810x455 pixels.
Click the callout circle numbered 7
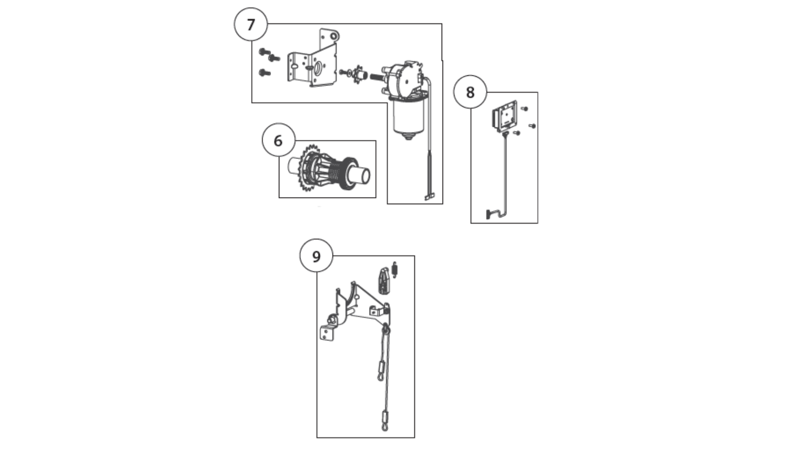(x=251, y=24)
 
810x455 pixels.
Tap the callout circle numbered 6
(x=278, y=140)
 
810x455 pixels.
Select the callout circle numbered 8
(x=470, y=92)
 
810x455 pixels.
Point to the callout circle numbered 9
(x=316, y=256)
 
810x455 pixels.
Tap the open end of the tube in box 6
(x=366, y=175)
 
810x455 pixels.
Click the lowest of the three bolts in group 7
(x=264, y=73)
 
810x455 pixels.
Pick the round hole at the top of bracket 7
(x=335, y=37)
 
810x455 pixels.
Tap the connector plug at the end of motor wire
(x=429, y=196)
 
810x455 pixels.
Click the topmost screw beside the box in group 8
(x=524, y=109)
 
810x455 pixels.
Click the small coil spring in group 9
(x=395, y=270)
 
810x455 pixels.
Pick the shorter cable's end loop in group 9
(x=381, y=377)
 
